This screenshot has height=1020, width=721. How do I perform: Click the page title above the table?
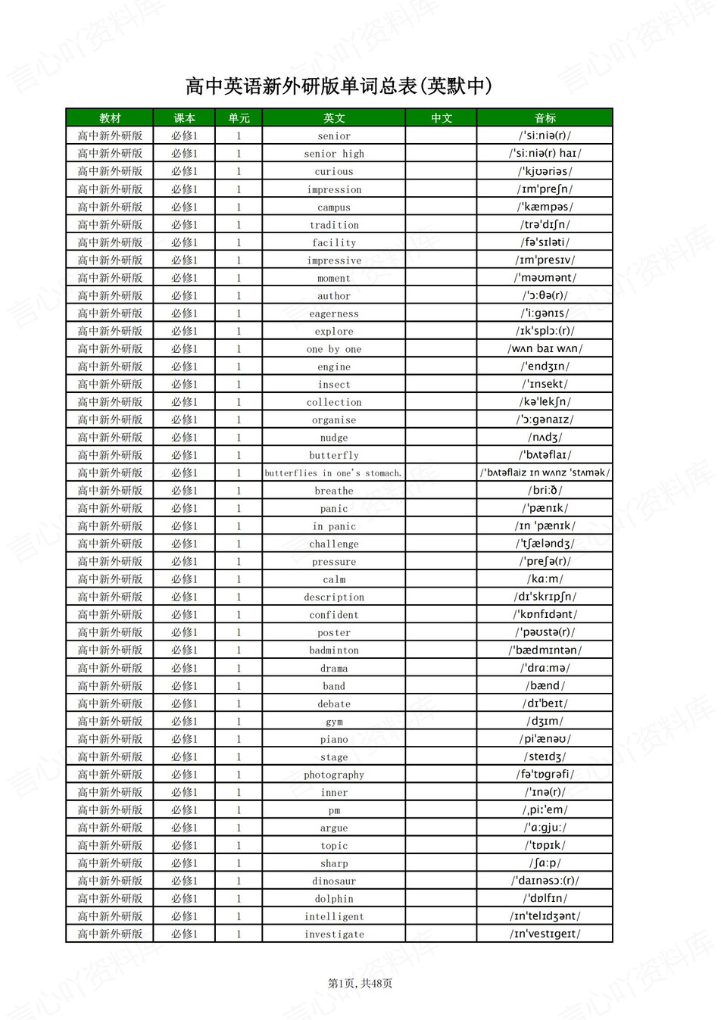(x=339, y=86)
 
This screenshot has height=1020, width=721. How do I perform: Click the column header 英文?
(x=334, y=118)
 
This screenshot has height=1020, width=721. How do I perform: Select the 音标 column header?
(x=545, y=118)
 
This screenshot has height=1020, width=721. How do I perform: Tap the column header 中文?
(x=442, y=118)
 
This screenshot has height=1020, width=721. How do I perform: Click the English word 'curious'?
(x=334, y=172)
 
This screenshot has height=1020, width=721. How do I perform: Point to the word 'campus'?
(x=334, y=207)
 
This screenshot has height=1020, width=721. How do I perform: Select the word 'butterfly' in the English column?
(x=334, y=455)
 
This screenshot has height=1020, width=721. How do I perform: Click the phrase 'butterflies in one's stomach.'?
(x=333, y=473)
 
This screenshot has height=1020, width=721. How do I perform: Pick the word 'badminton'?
(x=334, y=650)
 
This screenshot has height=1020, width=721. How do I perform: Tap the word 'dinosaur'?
(x=334, y=881)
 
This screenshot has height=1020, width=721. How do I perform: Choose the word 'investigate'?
(x=334, y=934)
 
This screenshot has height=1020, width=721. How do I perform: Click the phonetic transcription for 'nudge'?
(x=545, y=438)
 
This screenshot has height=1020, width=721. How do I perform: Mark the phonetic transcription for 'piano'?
(x=545, y=739)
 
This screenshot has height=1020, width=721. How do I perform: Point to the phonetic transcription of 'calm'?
(x=545, y=579)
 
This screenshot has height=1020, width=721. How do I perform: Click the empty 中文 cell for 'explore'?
(x=442, y=331)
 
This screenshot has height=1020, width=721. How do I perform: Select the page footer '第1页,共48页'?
(x=360, y=984)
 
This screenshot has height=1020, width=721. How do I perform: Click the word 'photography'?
(x=334, y=775)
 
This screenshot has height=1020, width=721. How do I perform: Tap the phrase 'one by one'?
(x=334, y=349)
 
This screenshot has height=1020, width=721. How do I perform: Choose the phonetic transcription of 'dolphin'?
(x=545, y=899)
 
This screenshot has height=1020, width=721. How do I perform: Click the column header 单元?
(x=239, y=118)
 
